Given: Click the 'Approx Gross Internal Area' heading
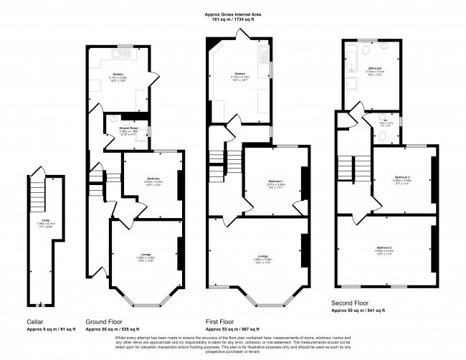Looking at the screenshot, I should click(234, 13).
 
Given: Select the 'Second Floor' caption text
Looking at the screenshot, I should click(350, 304).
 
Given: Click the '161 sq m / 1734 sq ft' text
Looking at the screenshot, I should click(234, 19).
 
